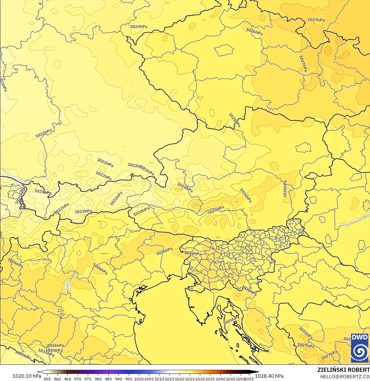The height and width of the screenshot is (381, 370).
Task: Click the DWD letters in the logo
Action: click(360, 337)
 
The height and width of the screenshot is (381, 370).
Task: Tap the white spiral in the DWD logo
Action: click(360, 352)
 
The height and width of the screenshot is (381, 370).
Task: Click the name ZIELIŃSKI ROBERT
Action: click(343, 370)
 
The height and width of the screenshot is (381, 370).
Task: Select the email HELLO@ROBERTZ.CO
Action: click(345, 377)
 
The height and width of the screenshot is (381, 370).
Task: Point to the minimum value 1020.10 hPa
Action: click(27, 376)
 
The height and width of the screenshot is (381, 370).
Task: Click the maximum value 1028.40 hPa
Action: click(269, 376)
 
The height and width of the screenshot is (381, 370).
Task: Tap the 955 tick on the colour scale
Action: click(47, 379)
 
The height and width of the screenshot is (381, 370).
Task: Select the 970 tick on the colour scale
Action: click(78, 379)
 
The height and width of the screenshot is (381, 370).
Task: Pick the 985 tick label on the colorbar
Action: click(108, 379)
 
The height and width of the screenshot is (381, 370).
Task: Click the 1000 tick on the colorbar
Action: click(139, 379)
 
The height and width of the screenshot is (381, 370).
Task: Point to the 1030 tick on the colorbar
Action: click(200, 379)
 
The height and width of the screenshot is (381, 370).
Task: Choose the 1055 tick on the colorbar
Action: click(249, 379)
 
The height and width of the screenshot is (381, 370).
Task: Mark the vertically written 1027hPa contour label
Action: click(303, 64)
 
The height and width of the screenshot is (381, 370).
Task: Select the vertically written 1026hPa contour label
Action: click(285, 189)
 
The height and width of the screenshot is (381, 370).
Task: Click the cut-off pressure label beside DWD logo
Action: click(347, 339)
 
